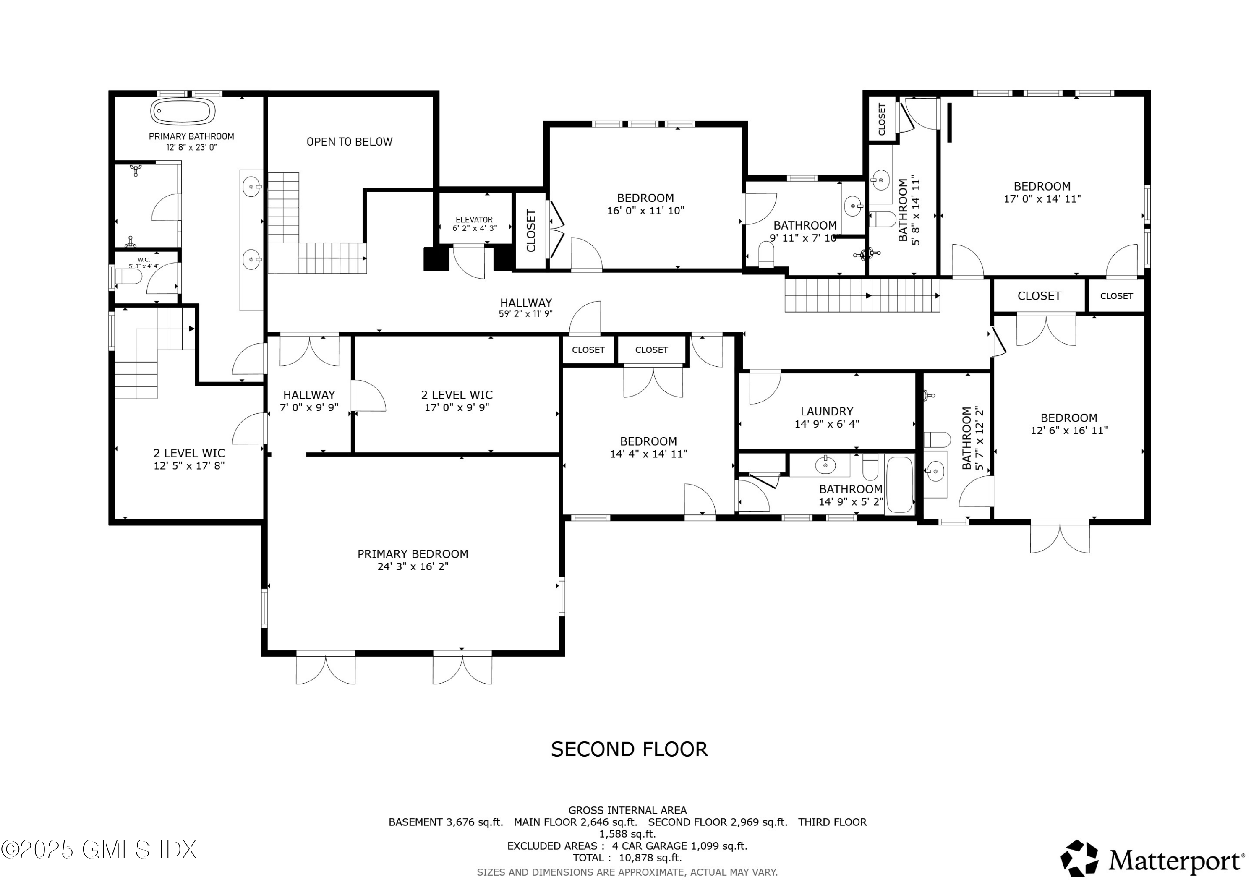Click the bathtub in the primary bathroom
pos(183,111)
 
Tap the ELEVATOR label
pos(474,219)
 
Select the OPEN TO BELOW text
pos(349,141)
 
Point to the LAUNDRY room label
pos(826,411)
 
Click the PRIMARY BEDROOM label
pos(413,554)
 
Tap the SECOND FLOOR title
pos(629,749)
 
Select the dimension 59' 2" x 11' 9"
pos(525,314)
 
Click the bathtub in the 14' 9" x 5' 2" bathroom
pos(899,485)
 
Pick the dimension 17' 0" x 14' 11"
pos(1042,199)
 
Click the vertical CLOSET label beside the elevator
pos(531,230)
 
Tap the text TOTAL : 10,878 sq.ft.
pos(627,858)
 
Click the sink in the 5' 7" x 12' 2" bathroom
pos(935,471)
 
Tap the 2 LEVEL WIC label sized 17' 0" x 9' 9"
pos(456,395)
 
